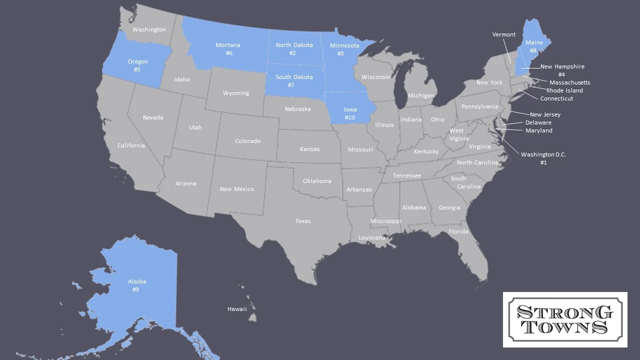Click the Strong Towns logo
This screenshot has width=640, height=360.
(x=565, y=319)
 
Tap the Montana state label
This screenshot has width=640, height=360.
(x=227, y=45)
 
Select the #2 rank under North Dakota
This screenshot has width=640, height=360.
(x=292, y=53)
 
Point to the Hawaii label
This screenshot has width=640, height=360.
(x=237, y=309)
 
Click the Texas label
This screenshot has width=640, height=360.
(x=303, y=221)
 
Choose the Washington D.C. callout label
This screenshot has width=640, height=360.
(x=543, y=154)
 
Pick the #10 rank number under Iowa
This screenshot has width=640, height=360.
(x=350, y=117)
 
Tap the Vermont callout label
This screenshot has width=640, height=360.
(x=503, y=34)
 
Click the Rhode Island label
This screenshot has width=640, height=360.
(x=564, y=90)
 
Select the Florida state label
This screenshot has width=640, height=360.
(x=458, y=231)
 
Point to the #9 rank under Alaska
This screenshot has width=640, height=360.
(x=135, y=289)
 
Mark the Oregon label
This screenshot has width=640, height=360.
(x=137, y=61)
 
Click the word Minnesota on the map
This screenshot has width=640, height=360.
(x=344, y=45)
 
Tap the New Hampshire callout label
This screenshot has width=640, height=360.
(x=562, y=66)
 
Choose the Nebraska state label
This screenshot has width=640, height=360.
(x=297, y=109)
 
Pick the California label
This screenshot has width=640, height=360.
(x=131, y=145)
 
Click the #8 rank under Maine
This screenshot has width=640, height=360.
(x=533, y=50)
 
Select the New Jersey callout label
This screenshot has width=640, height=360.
(x=545, y=114)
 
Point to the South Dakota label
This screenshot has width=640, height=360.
(x=294, y=77)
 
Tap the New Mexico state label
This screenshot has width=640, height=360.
(x=236, y=189)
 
